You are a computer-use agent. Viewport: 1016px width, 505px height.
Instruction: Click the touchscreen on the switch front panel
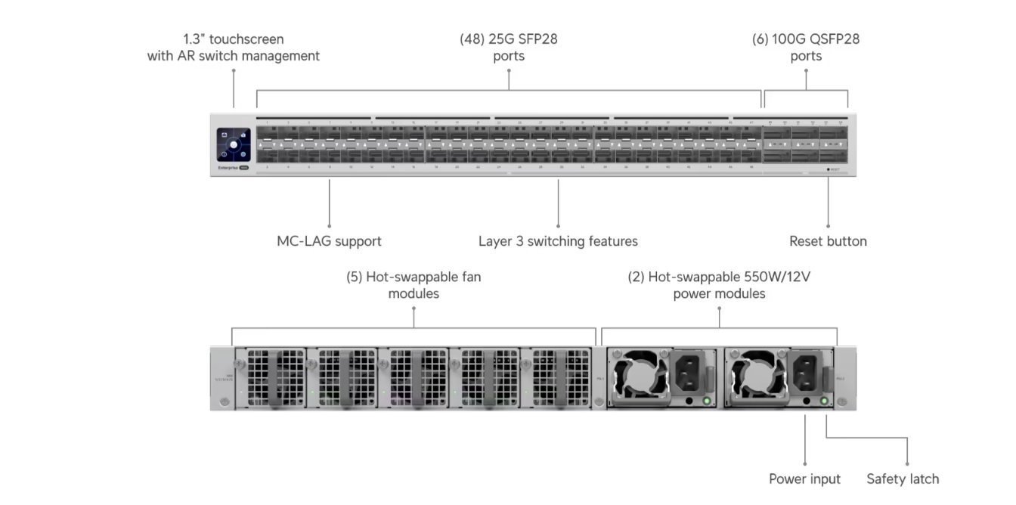tap(234, 144)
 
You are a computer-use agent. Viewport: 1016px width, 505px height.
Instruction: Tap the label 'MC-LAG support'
tap(329, 241)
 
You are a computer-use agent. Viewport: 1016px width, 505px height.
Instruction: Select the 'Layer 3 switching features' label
tap(558, 241)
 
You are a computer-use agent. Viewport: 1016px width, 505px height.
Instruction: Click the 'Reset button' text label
tap(828, 241)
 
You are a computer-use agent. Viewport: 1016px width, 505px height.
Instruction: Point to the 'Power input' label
tap(804, 479)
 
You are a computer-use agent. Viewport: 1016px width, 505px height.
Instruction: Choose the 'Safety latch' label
tap(903, 479)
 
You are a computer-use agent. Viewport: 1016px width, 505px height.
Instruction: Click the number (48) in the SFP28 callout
tap(472, 39)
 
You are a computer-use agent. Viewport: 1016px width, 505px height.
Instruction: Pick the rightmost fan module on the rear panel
tap(560, 378)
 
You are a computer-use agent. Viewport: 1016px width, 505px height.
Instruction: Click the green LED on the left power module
tap(707, 401)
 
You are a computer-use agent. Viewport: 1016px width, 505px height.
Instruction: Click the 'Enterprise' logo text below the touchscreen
tap(228, 168)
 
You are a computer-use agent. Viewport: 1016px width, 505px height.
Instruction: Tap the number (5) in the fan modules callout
tap(354, 277)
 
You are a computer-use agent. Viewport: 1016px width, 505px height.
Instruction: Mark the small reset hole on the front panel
tap(828, 169)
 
